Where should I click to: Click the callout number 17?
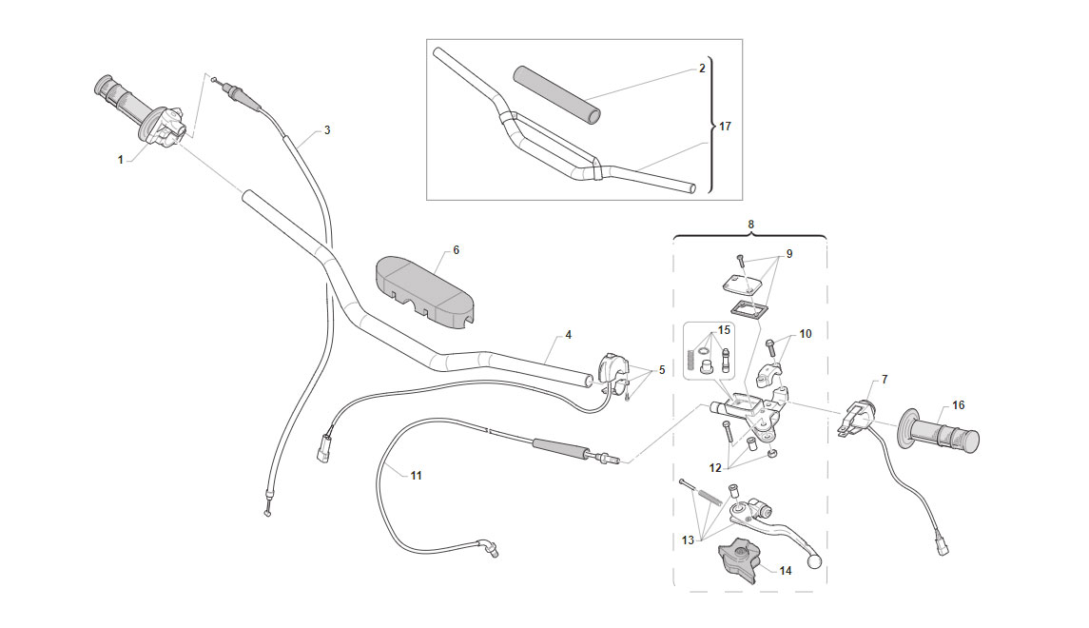tap(725, 127)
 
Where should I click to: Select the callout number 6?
tap(456, 250)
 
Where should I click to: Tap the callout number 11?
tap(416, 476)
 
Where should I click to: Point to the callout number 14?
tap(786, 570)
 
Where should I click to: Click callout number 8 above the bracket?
tap(750, 225)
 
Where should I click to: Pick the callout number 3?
tap(327, 130)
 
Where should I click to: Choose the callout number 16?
tap(959, 405)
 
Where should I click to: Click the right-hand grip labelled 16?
tap(940, 432)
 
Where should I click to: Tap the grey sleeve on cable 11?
tap(560, 446)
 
